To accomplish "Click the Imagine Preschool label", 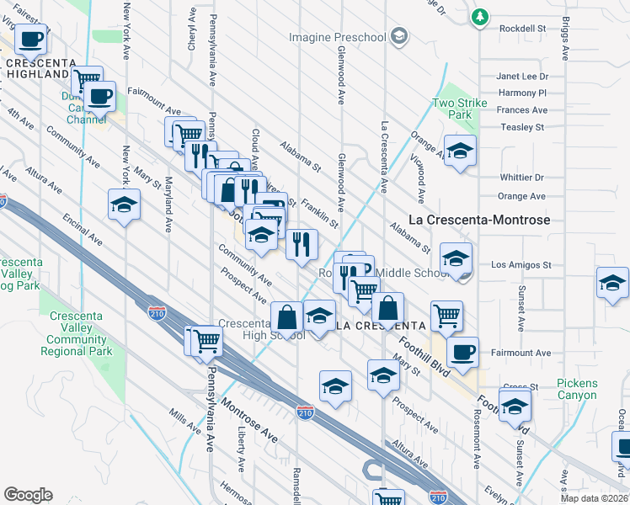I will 340,37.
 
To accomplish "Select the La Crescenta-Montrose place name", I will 478,220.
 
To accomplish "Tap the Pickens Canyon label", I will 577,389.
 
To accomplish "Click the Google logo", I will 28,495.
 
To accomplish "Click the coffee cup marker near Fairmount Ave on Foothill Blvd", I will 462,351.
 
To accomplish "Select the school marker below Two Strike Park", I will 460,151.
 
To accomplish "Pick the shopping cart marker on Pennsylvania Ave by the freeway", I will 206,340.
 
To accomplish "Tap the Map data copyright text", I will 593,498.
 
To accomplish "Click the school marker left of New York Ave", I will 124,205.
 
